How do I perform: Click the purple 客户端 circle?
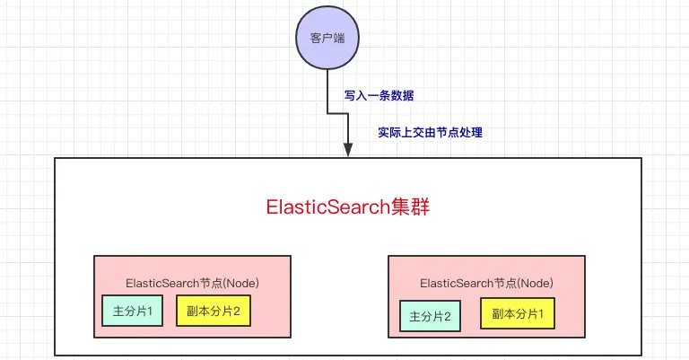(327, 38)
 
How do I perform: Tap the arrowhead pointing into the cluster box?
(348, 149)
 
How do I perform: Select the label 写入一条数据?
(379, 95)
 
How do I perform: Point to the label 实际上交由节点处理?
(431, 132)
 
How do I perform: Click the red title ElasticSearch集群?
(347, 207)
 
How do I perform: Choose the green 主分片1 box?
(132, 311)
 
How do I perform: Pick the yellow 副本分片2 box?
(214, 311)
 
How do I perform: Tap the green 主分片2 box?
(431, 316)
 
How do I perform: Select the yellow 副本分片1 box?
(518, 313)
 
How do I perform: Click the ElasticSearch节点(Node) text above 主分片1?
(192, 283)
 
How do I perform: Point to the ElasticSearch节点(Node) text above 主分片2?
(486, 283)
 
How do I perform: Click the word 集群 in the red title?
(410, 207)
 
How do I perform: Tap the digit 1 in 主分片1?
(150, 312)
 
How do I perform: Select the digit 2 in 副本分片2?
(237, 312)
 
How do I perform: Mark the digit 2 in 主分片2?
(448, 317)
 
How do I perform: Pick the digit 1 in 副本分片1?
(540, 314)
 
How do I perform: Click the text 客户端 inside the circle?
(327, 39)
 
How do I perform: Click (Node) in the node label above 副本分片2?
(240, 283)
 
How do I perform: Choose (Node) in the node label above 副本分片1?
(536, 283)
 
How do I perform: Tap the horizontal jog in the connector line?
(337, 113)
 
